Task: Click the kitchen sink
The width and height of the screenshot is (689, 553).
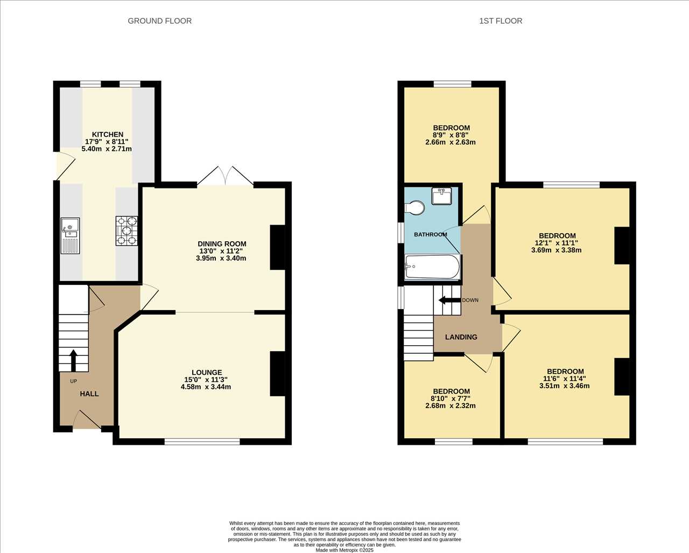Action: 70,236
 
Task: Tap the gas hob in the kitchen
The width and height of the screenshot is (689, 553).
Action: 127,230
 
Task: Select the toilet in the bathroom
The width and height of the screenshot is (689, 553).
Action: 414,208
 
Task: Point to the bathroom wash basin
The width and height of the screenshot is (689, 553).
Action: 441,196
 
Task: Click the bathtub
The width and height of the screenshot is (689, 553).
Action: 432,267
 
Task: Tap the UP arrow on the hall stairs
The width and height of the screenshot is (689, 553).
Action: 73,360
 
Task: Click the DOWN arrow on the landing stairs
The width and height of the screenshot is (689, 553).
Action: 449,300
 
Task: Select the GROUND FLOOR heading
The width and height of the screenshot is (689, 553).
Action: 160,21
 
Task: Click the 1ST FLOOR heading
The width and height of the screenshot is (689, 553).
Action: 501,21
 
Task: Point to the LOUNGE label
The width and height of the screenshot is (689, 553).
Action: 207,372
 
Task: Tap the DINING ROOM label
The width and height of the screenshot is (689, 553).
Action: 222,244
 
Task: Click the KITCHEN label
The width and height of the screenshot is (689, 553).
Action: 108,134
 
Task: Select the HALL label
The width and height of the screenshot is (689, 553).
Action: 89,394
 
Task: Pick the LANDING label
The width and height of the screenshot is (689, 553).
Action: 461,337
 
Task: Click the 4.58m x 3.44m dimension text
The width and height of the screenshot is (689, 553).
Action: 206,387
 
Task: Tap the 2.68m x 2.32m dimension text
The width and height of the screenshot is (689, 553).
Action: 451,405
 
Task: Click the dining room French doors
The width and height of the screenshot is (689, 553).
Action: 226,176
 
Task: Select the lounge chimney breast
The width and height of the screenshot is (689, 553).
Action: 278,374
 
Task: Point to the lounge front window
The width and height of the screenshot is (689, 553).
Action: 202,442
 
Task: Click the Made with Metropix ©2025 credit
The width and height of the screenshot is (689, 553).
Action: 344,550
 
